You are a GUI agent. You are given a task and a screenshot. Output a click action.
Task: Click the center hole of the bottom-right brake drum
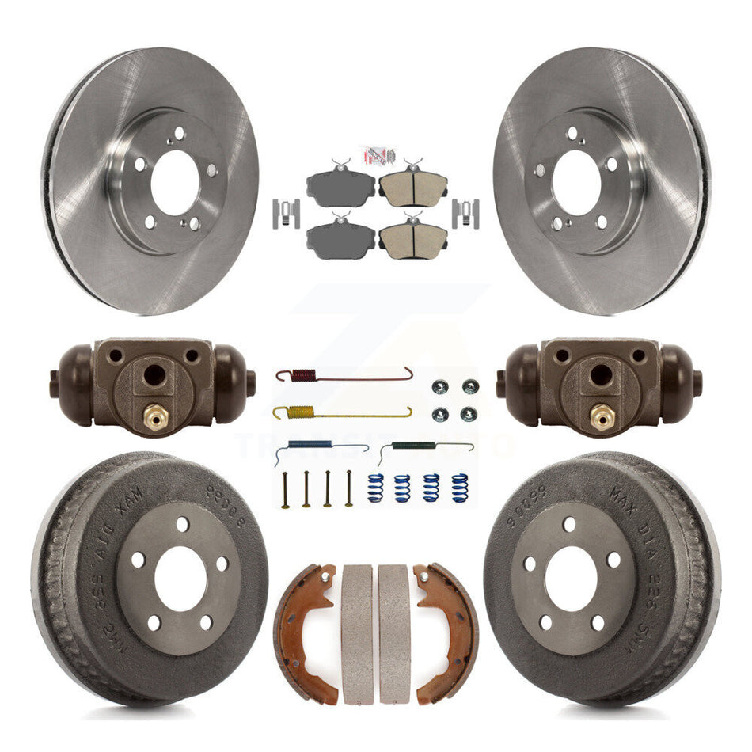(570, 579)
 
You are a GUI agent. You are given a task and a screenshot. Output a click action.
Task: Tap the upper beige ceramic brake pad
(412, 187)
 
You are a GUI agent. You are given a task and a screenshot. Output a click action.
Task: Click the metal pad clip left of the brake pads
(286, 213)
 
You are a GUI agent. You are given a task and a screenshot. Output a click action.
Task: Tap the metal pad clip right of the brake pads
(466, 213)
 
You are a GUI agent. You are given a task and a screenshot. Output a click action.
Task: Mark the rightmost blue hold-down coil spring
(460, 488)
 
